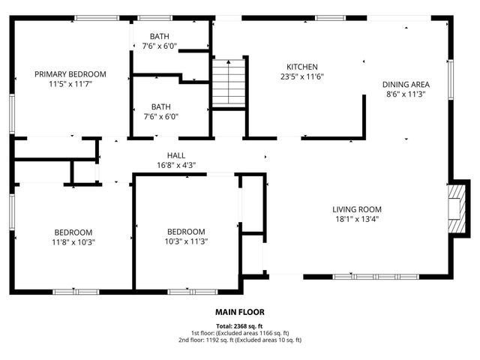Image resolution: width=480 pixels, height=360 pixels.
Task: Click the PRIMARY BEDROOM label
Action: (x=71, y=74)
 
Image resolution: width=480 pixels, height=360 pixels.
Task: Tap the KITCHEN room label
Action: (x=302, y=67)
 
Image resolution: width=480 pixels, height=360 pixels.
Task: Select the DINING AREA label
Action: (x=406, y=85)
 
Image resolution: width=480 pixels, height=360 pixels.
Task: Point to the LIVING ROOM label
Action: (x=358, y=209)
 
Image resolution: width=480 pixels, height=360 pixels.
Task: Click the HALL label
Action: (x=176, y=155)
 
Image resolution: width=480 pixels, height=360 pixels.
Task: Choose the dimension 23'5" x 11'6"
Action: (x=302, y=76)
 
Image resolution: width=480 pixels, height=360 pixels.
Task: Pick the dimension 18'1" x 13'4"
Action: (x=358, y=219)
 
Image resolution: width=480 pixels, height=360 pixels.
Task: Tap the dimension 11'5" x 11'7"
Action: (x=71, y=84)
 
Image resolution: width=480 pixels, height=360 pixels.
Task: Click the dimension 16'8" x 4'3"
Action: (x=176, y=165)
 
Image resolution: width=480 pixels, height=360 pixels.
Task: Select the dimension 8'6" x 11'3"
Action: (x=406, y=94)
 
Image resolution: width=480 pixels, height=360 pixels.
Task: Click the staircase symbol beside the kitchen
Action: (x=228, y=82)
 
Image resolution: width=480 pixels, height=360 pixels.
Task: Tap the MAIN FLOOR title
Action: (x=240, y=312)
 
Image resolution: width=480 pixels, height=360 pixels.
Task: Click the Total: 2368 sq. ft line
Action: (x=240, y=326)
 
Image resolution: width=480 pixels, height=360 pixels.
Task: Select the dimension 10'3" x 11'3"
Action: (x=186, y=241)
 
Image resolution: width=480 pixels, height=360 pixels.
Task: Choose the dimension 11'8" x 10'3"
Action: (x=73, y=241)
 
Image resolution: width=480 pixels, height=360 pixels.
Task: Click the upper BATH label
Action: (x=160, y=36)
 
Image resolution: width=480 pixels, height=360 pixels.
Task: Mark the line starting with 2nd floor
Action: (x=240, y=340)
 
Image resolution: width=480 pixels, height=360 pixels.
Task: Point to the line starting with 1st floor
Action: (x=240, y=333)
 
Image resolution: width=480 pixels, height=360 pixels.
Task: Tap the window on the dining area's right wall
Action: (x=450, y=79)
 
